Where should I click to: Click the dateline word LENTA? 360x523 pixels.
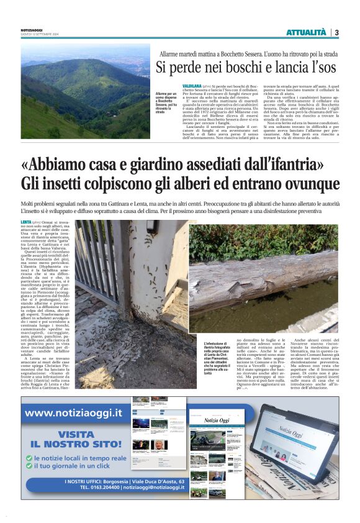point(26,222)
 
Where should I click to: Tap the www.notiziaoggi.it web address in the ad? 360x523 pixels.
point(73,413)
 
